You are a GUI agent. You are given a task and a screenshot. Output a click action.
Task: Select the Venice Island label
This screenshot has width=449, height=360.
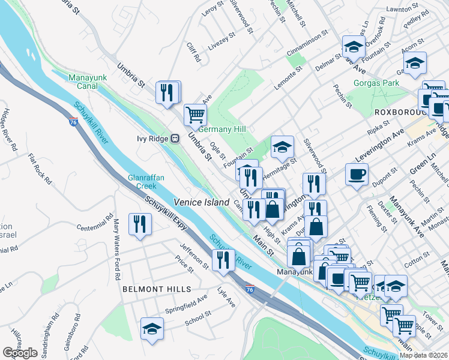(x=202, y=202)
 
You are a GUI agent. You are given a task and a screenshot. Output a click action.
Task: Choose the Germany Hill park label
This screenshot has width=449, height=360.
(x=222, y=129)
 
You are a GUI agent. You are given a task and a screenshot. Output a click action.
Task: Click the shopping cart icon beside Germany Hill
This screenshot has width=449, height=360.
(x=195, y=113)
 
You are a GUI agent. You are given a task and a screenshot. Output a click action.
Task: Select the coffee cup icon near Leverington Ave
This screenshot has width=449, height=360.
(x=357, y=175)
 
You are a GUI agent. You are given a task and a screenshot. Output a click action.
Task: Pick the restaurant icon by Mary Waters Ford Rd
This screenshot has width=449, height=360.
(x=140, y=224)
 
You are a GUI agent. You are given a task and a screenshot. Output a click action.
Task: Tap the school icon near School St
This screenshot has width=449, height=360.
(x=152, y=329)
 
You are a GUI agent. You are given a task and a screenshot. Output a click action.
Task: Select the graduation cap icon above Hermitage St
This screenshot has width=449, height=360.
(x=282, y=147)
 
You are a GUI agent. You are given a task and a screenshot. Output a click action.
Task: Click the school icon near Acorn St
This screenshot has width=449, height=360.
(x=415, y=63)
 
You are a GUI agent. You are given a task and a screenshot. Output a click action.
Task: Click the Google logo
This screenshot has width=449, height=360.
(x=20, y=353)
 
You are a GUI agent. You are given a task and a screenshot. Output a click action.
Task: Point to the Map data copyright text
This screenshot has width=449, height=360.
(x=423, y=355)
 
